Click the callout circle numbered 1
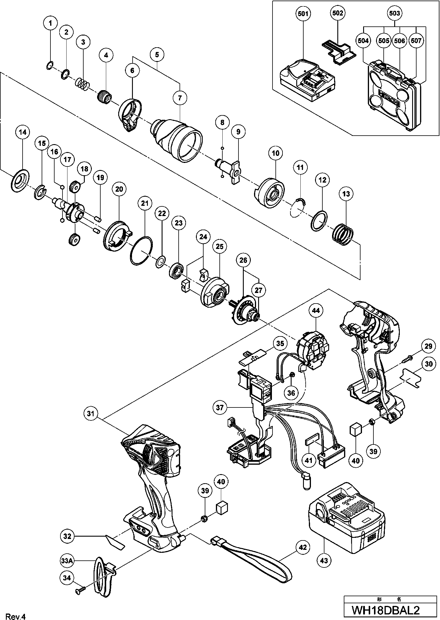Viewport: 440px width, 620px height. click(50, 23)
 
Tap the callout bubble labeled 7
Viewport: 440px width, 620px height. click(180, 97)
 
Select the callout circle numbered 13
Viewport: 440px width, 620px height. click(346, 194)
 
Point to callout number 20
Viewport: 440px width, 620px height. click(119, 189)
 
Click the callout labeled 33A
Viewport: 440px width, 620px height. click(67, 561)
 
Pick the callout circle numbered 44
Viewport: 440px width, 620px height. click(316, 310)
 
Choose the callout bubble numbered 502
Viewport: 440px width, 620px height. click(338, 13)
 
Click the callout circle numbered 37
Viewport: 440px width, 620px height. click(220, 407)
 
